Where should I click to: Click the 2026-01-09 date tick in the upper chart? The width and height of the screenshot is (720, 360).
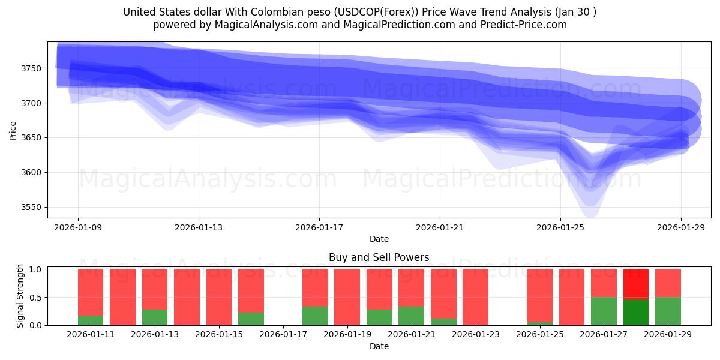pos(78,227)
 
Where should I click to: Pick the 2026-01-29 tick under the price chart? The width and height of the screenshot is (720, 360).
pos(681,227)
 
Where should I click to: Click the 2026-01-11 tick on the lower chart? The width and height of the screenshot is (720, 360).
pos(91,335)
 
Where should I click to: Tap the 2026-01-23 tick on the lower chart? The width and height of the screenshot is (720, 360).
pos(475,335)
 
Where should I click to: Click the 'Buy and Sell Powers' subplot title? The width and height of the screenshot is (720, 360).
pos(379,257)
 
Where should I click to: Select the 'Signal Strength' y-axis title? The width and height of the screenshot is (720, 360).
pos(20,296)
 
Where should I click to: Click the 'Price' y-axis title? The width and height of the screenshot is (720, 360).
pos(13,130)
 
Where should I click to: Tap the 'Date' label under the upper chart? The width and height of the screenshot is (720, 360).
pos(379,239)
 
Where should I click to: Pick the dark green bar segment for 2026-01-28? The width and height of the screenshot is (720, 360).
pos(636,313)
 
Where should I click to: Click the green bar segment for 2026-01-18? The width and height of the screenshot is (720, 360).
pos(315,316)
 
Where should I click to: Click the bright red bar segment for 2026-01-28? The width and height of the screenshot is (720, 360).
pos(636,283)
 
